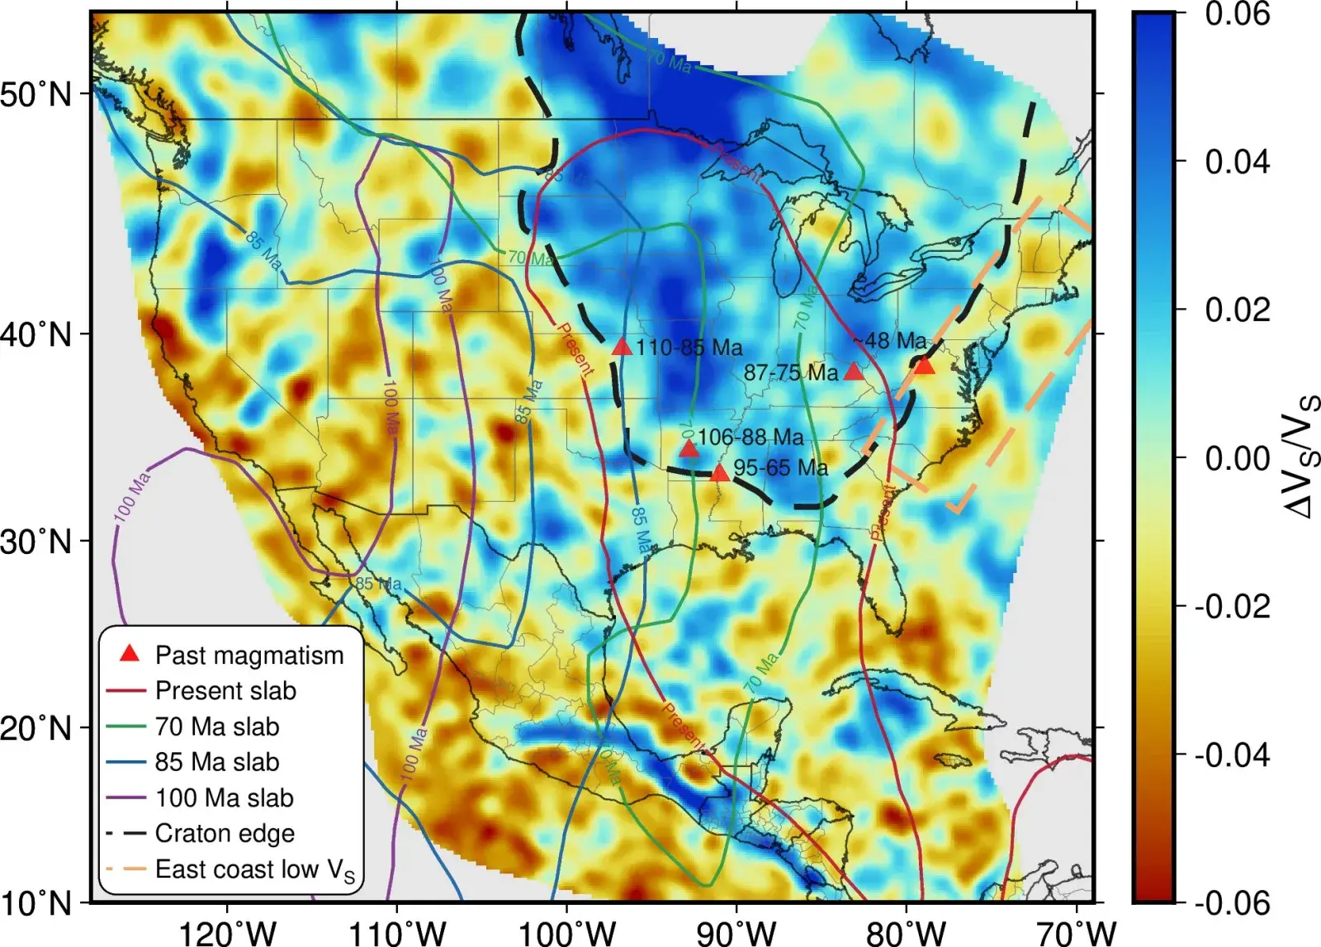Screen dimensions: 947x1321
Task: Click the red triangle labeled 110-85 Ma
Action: (623, 347)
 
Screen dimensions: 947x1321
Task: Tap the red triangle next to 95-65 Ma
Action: (720, 473)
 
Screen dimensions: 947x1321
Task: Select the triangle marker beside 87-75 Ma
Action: (854, 372)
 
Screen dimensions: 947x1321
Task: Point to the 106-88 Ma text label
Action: (750, 437)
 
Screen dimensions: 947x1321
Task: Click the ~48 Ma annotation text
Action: (889, 341)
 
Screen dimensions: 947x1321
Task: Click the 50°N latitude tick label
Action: (37, 94)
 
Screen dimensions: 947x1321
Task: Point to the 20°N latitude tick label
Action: (37, 729)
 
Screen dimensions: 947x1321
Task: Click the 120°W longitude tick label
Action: (228, 933)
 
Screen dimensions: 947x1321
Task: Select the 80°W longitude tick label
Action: (907, 933)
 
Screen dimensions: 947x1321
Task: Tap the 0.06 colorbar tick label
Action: (1237, 14)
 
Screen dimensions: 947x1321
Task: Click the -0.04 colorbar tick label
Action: (1232, 755)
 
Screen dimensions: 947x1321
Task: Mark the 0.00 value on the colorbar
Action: (1237, 457)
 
